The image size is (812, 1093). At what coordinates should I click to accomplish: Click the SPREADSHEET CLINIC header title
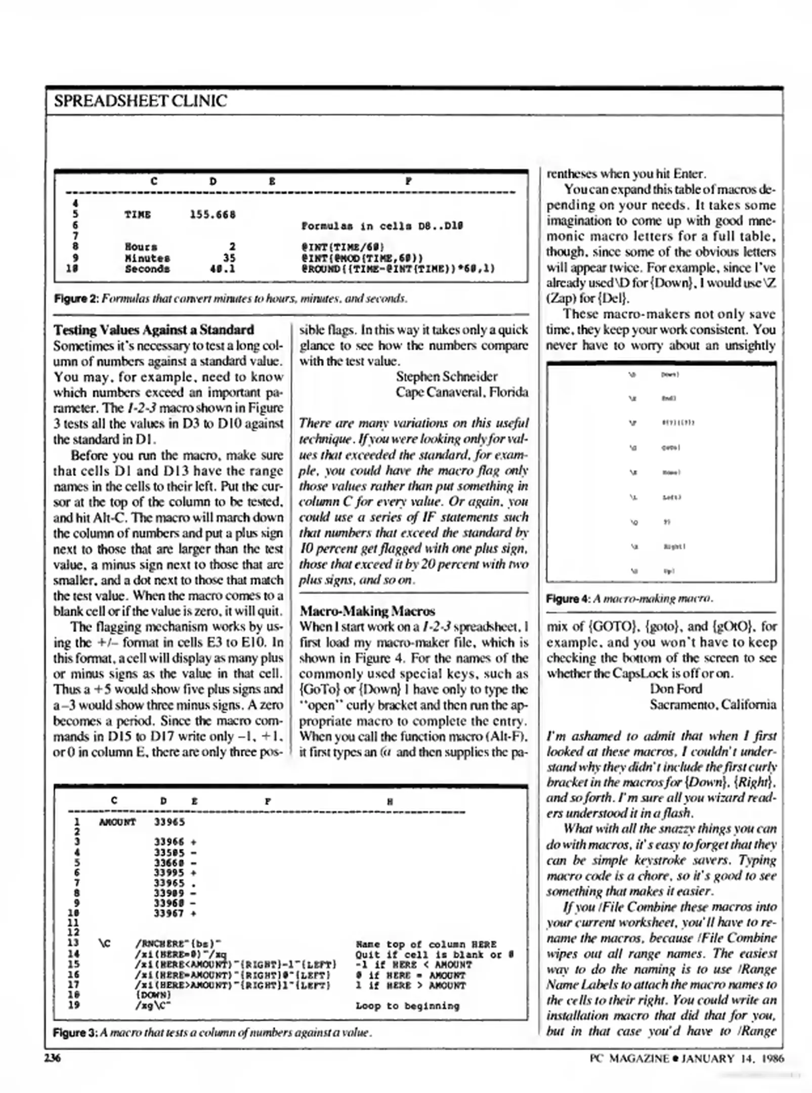point(140,101)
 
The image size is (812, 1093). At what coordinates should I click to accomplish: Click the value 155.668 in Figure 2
point(212,215)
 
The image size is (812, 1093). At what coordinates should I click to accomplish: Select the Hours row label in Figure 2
point(141,247)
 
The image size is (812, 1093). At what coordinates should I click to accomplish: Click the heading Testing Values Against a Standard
point(154,330)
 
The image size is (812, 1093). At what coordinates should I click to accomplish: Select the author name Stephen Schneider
point(446,376)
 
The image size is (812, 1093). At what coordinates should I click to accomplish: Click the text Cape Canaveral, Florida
point(461,392)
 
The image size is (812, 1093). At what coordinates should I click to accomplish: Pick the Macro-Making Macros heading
point(367,611)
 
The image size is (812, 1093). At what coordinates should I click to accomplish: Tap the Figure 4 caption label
point(568,599)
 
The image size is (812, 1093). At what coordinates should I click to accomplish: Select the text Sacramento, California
point(712,704)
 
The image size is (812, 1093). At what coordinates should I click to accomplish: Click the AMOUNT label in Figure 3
point(117,822)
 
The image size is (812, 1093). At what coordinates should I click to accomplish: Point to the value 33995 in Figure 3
point(169,872)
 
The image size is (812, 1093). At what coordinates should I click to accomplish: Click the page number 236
point(52,1058)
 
